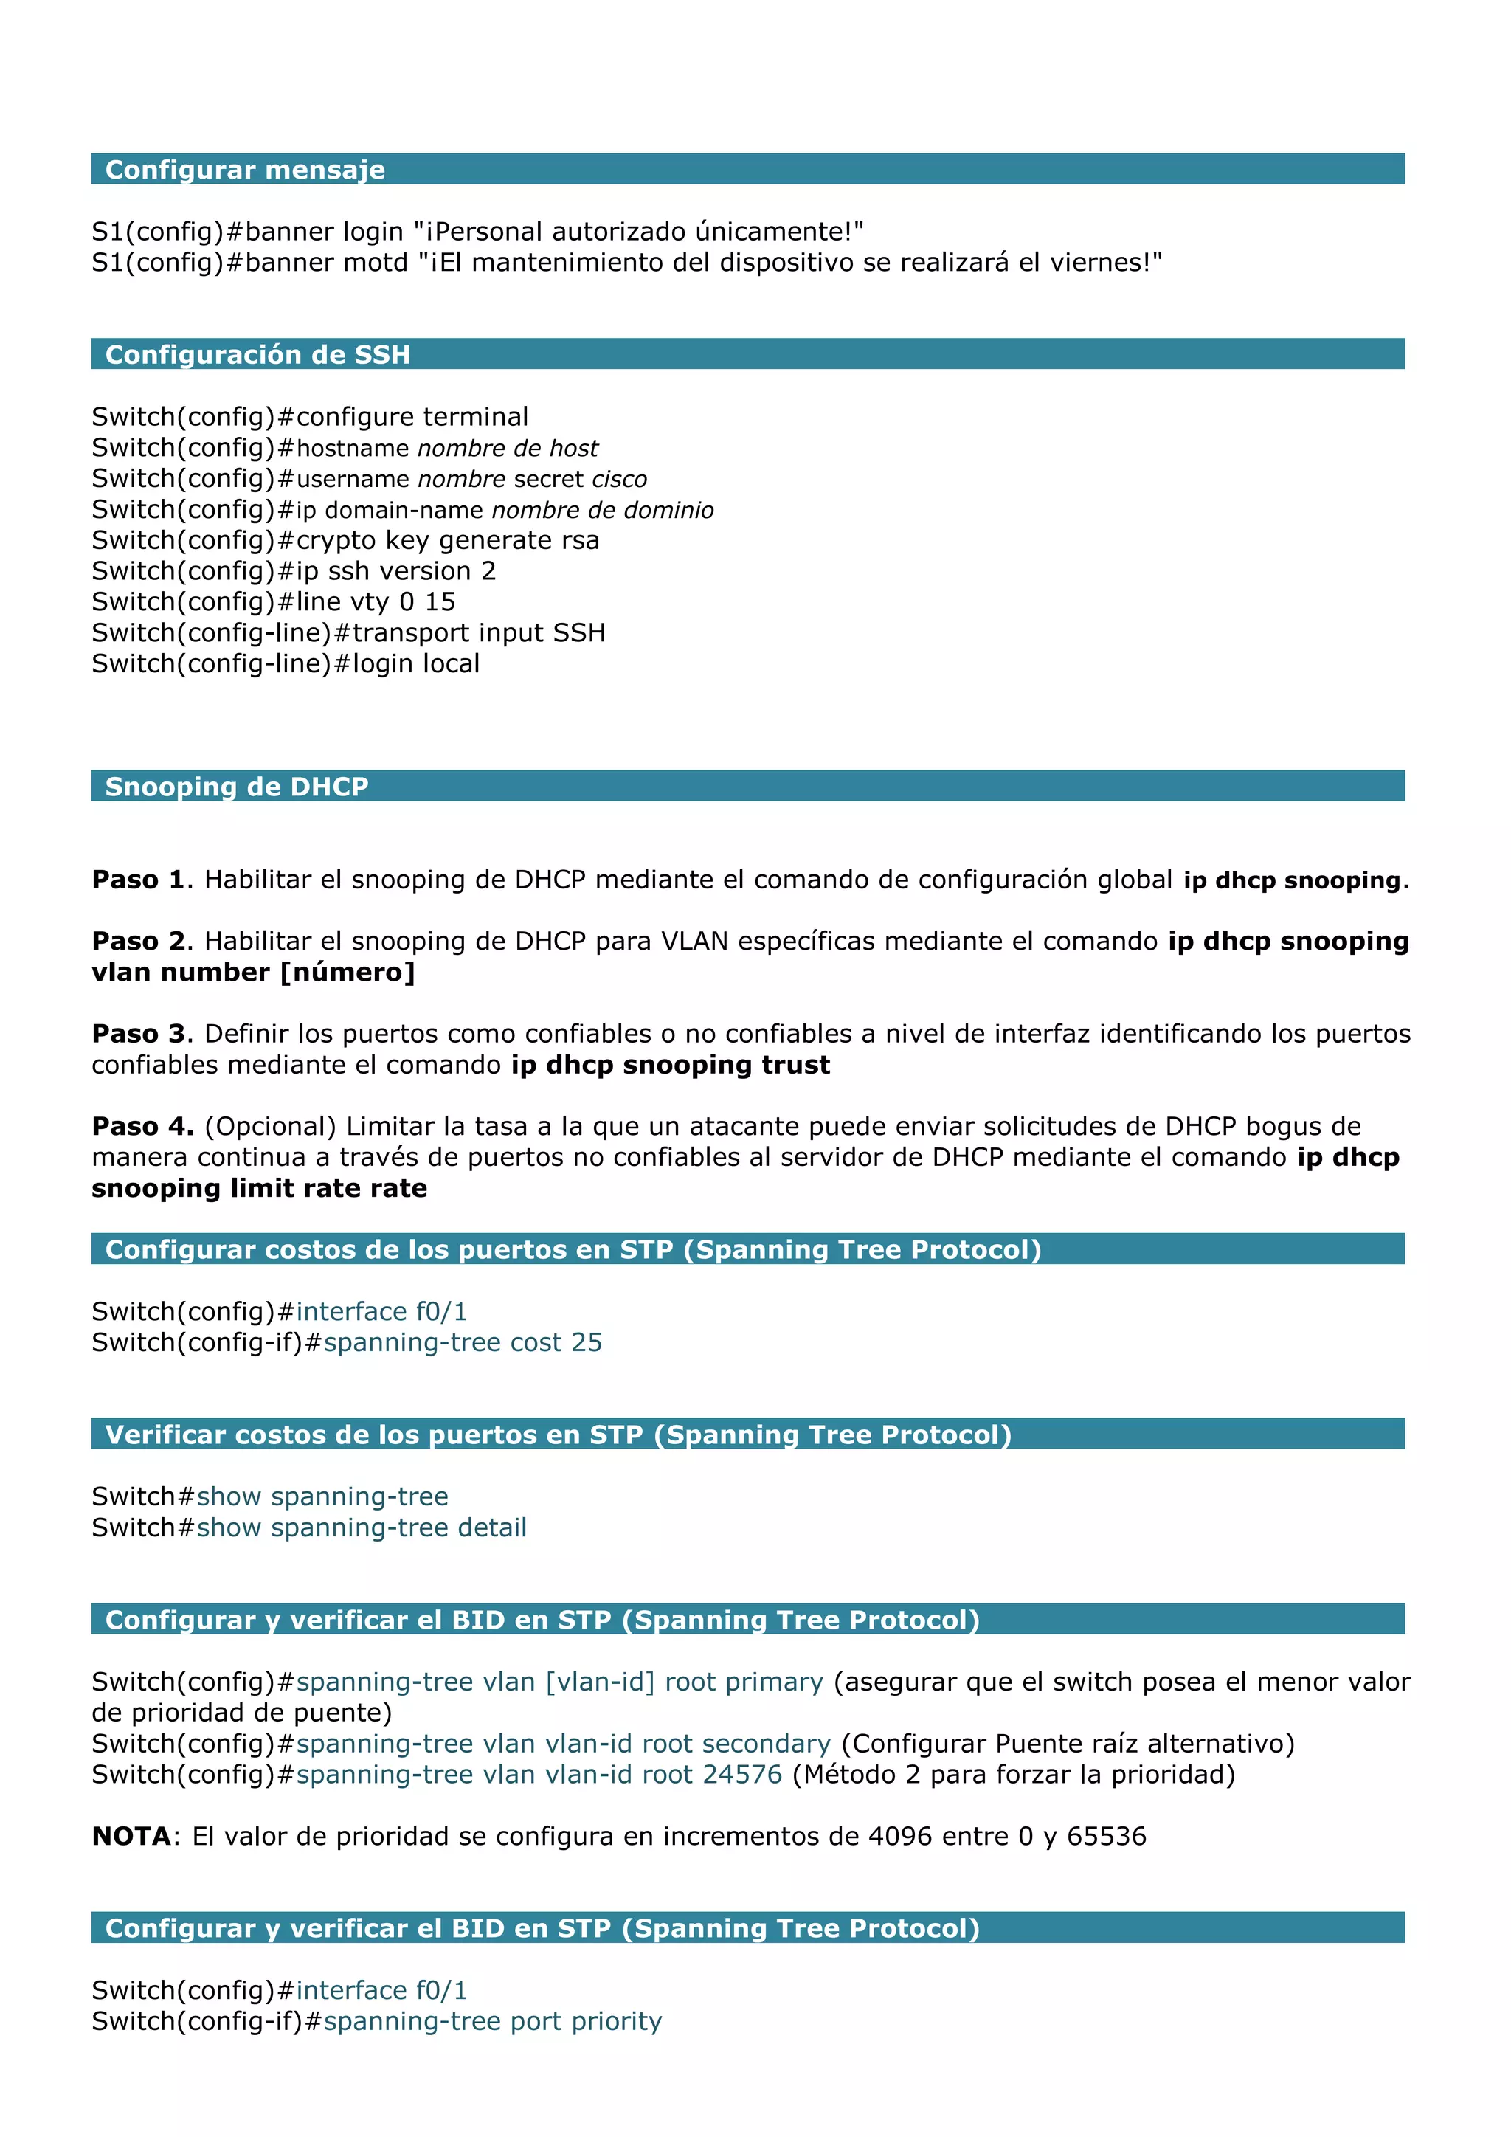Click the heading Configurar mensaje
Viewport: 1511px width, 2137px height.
click(x=245, y=170)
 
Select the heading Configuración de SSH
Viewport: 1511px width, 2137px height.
click(x=257, y=355)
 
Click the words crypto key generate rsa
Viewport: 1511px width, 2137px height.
click(x=448, y=541)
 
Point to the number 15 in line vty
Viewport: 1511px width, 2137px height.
click(x=440, y=602)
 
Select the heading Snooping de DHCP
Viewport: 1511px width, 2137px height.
click(x=236, y=787)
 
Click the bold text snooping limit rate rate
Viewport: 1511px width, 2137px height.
click(x=260, y=1189)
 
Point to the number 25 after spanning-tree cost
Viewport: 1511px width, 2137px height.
click(x=586, y=1342)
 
